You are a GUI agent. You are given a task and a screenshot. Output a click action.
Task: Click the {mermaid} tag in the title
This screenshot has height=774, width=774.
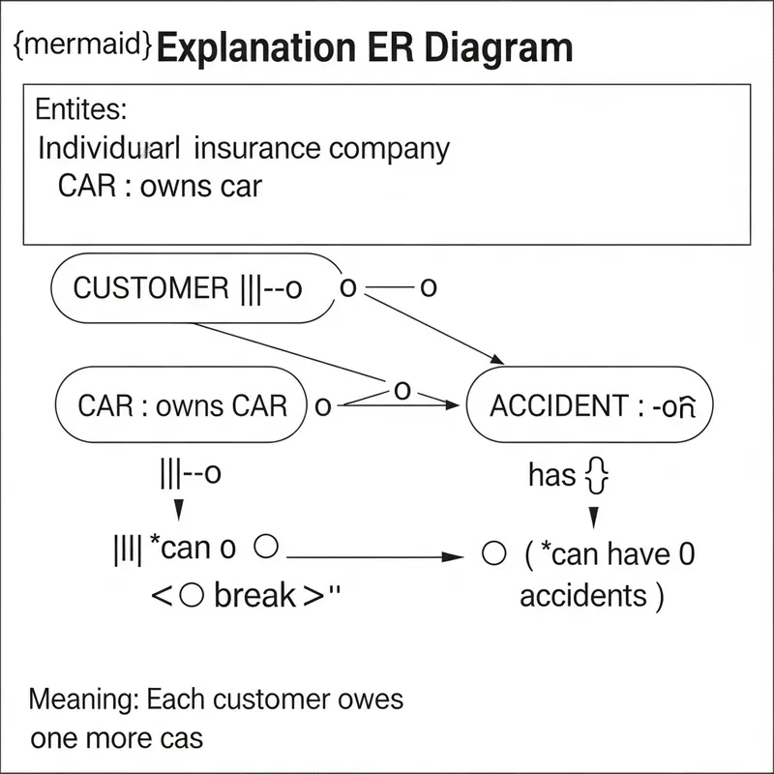point(82,47)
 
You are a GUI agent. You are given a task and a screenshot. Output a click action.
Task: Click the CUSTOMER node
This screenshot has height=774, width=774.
point(193,287)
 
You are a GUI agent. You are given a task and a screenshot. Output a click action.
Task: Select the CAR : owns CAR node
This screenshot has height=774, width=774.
point(182,404)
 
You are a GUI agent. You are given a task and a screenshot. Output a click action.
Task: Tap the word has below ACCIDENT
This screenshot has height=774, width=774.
point(552,475)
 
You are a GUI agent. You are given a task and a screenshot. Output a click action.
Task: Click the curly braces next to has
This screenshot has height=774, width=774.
point(596,476)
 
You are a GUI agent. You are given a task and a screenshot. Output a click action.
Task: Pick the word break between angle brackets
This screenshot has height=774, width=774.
point(254,595)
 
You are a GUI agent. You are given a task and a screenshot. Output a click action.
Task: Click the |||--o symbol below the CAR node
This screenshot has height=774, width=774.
point(190,474)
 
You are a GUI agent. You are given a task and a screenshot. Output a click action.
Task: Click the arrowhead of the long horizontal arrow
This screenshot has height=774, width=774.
point(447,556)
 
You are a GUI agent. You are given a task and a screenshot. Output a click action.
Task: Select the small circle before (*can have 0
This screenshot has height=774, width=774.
point(493,553)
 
